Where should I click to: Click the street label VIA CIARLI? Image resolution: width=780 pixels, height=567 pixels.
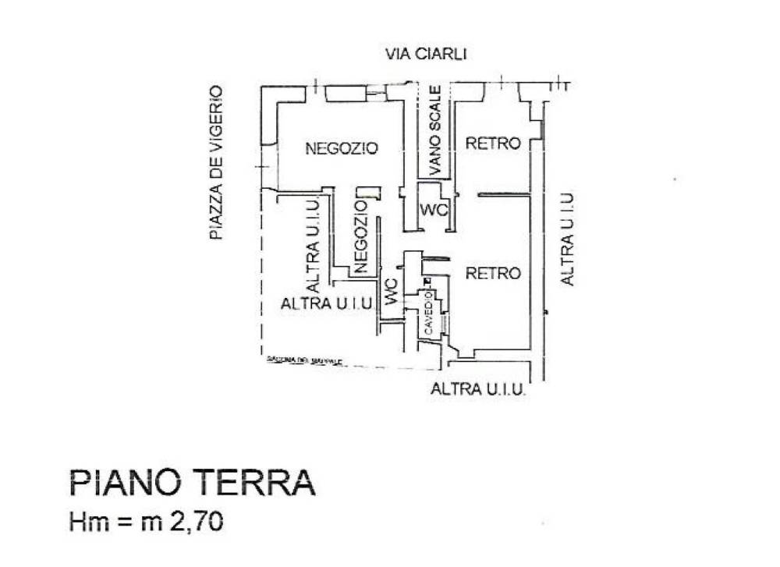(426, 54)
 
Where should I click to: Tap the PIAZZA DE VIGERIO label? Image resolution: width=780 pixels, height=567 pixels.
(216, 162)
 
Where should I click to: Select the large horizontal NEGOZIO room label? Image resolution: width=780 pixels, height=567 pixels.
(342, 147)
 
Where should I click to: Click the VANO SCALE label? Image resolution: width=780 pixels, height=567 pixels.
(435, 129)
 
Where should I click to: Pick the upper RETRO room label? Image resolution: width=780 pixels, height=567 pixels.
(493, 144)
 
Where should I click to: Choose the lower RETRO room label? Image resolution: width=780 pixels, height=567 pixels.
(493, 274)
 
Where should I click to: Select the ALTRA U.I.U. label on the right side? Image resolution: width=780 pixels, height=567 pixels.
(568, 239)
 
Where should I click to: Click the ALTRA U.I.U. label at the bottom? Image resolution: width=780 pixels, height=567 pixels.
(478, 388)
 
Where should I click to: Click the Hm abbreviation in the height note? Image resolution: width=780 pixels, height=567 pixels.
(86, 521)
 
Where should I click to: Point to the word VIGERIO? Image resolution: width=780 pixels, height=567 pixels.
(216, 117)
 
